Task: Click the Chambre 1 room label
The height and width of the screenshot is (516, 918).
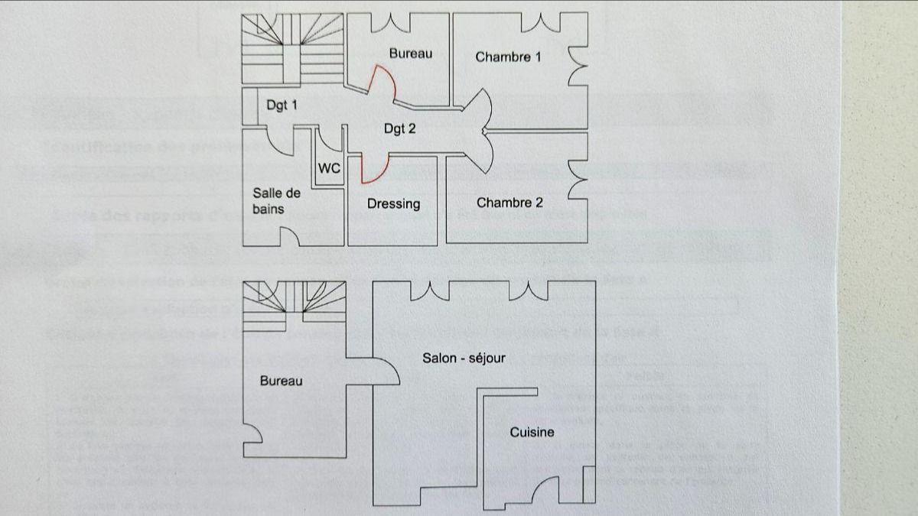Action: click(x=508, y=57)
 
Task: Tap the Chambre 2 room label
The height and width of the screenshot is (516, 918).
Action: click(x=509, y=203)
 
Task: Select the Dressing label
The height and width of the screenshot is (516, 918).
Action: click(x=393, y=203)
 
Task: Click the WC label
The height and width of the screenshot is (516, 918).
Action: click(x=329, y=168)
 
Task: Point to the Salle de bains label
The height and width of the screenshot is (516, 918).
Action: click(x=276, y=200)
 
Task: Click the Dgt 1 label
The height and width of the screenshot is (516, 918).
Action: click(x=282, y=105)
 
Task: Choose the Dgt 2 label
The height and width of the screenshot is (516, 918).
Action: click(x=399, y=128)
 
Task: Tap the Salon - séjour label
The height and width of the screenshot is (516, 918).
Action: click(x=464, y=357)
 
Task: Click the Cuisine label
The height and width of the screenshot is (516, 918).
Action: click(x=532, y=432)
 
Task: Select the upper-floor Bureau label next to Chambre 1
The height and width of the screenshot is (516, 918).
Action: click(x=410, y=53)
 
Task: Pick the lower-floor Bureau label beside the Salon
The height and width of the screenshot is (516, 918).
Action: click(x=281, y=381)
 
